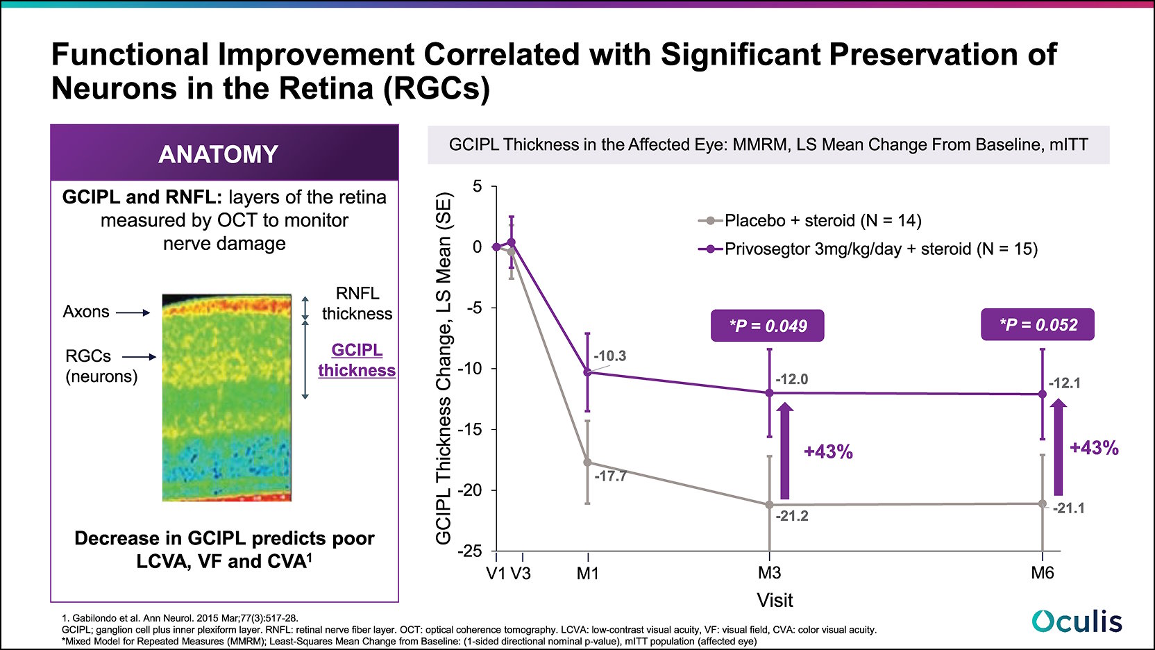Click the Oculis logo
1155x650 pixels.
click(1077, 621)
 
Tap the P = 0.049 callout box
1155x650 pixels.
click(767, 326)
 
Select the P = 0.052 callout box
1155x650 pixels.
click(1037, 325)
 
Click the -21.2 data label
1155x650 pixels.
click(792, 516)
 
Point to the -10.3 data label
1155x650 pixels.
click(609, 356)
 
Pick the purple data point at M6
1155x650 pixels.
click(1042, 394)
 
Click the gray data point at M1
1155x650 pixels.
click(587, 462)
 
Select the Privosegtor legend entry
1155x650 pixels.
click(868, 249)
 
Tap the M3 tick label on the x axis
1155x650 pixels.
click(769, 573)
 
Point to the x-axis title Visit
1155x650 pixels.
click(775, 600)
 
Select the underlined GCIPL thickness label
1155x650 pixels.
click(357, 360)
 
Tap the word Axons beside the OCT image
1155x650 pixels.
click(86, 312)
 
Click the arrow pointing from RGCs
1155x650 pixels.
click(140, 357)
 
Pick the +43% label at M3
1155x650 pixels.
click(828, 451)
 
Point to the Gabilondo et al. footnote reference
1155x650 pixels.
click(180, 618)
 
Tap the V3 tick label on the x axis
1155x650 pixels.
click(521, 573)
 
